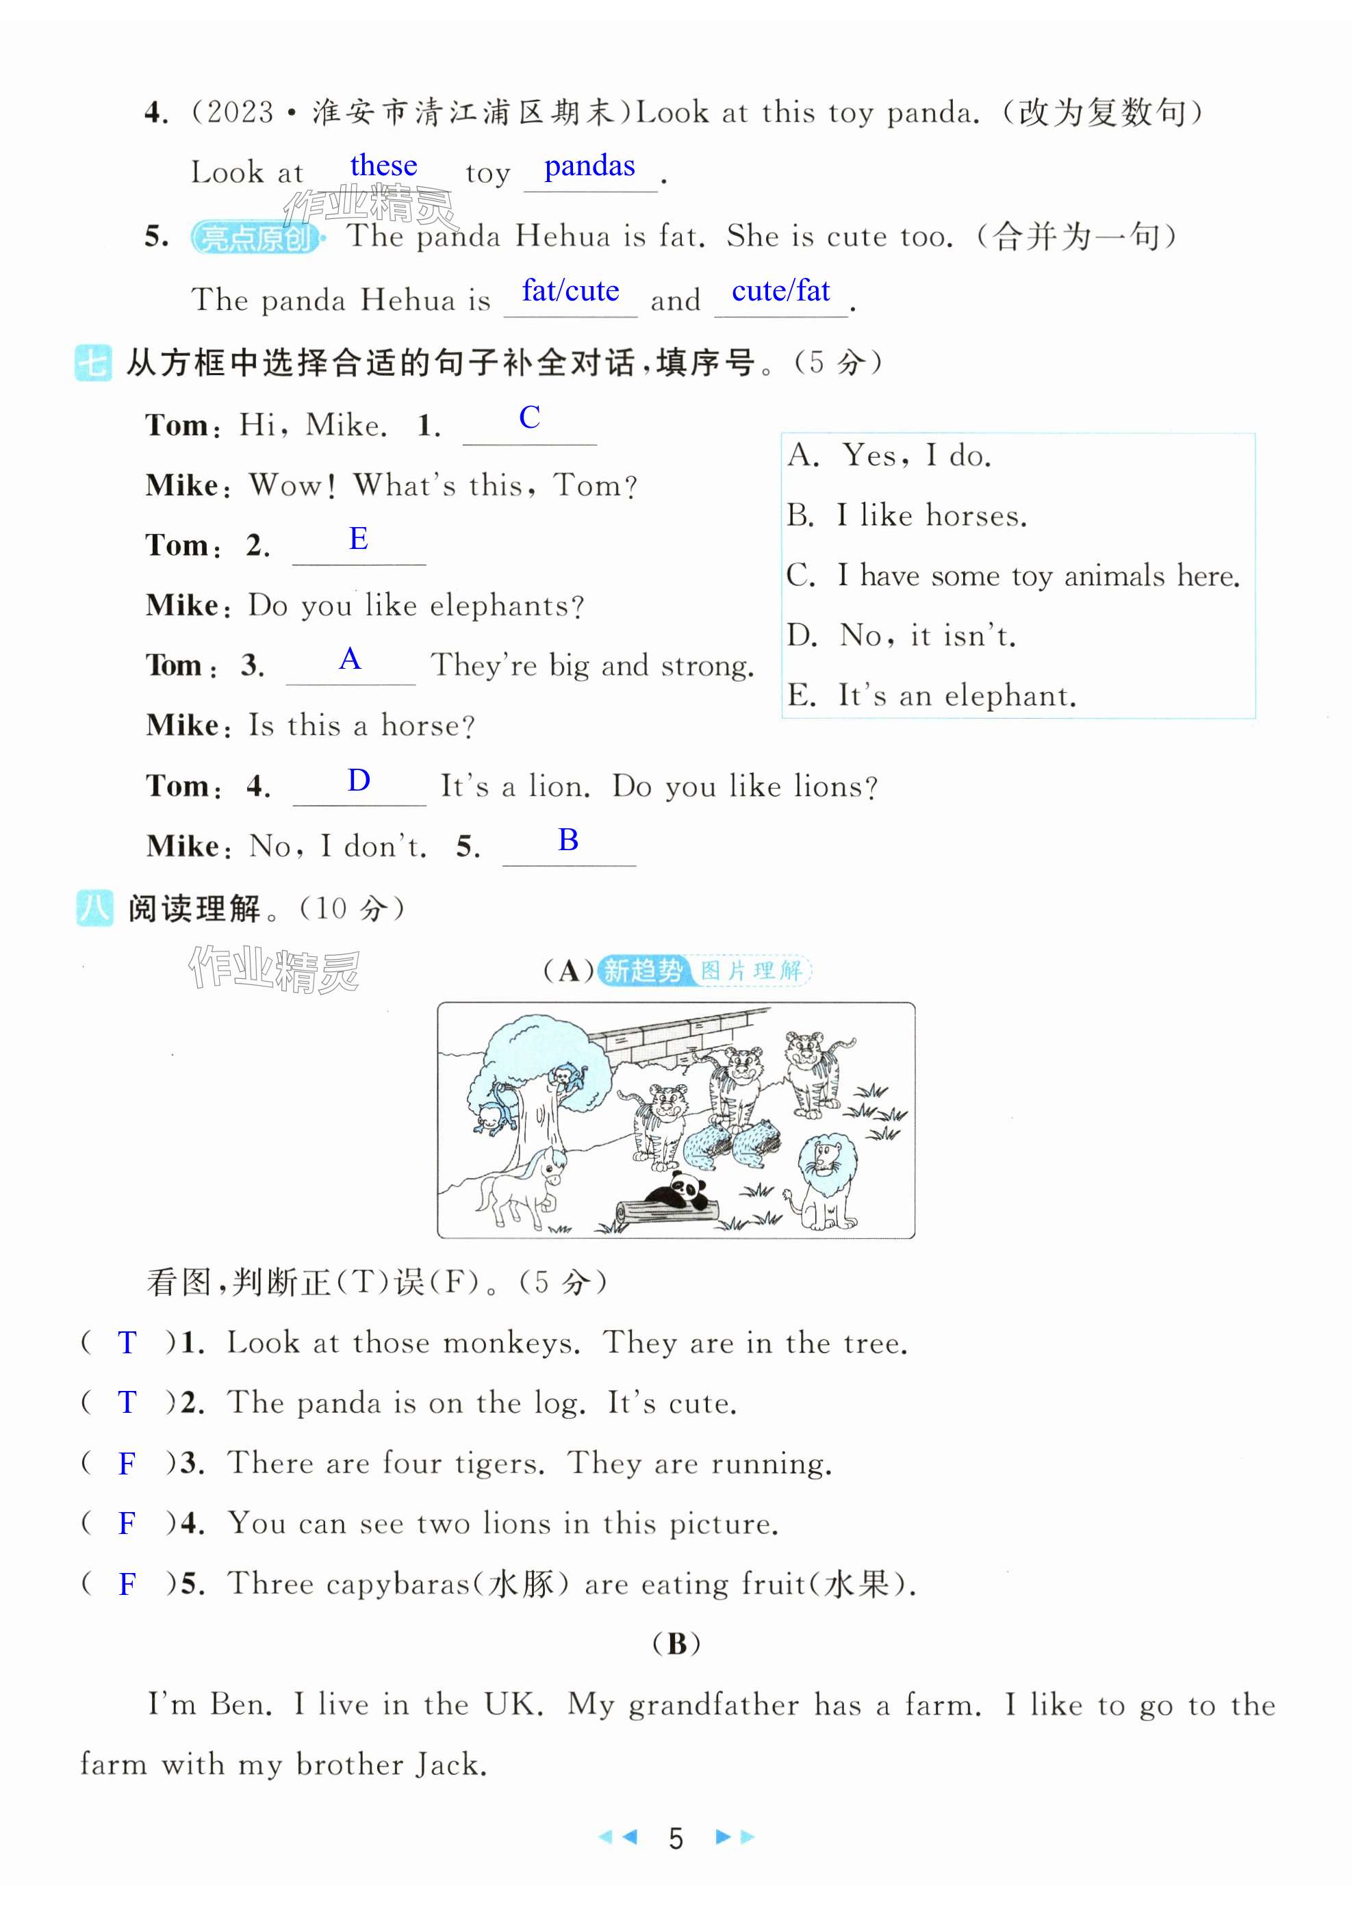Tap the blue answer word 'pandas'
point(589,166)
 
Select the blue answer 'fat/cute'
point(570,290)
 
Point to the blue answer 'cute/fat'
point(780,290)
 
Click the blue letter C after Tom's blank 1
point(529,418)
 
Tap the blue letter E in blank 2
point(358,539)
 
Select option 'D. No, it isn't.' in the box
point(902,636)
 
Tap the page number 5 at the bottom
point(675,1838)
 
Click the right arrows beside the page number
point(735,1836)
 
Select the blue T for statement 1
point(127,1342)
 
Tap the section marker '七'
point(92,363)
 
